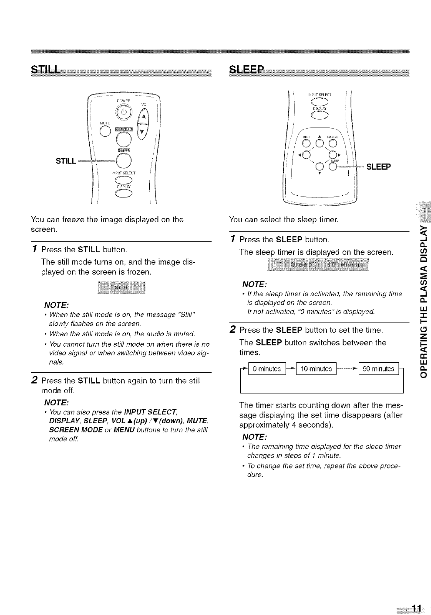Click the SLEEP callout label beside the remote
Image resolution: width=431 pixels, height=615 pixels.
[x=379, y=167]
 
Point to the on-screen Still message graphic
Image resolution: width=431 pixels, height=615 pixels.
[x=121, y=288]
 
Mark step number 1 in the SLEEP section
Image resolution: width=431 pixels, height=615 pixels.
[x=233, y=239]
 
